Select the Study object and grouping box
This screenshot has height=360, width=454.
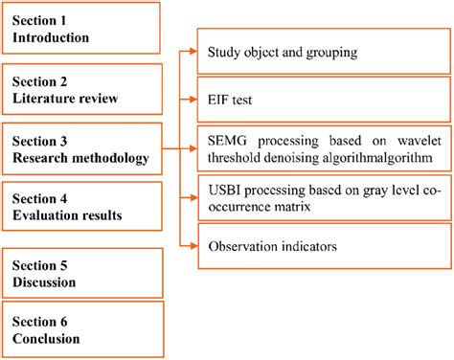[321, 52]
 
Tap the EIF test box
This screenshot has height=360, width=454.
[321, 99]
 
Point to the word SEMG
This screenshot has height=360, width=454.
[227, 138]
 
